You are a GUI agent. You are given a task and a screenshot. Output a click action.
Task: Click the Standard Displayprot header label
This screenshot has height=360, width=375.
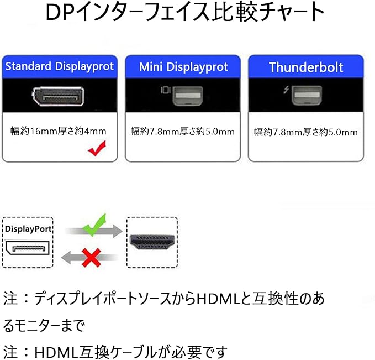click(60, 67)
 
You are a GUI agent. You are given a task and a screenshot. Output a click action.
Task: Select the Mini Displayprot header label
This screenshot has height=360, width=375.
click(183, 67)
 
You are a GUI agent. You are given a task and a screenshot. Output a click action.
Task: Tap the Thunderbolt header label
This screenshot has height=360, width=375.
click(305, 67)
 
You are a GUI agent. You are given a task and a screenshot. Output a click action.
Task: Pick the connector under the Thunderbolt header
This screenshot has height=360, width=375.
click(307, 95)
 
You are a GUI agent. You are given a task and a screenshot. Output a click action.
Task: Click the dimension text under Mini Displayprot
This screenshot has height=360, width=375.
click(183, 131)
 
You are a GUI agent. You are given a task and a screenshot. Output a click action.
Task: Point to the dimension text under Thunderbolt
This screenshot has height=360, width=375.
click(305, 132)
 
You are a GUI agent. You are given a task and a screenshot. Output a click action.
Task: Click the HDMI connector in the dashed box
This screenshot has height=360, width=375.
click(151, 242)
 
